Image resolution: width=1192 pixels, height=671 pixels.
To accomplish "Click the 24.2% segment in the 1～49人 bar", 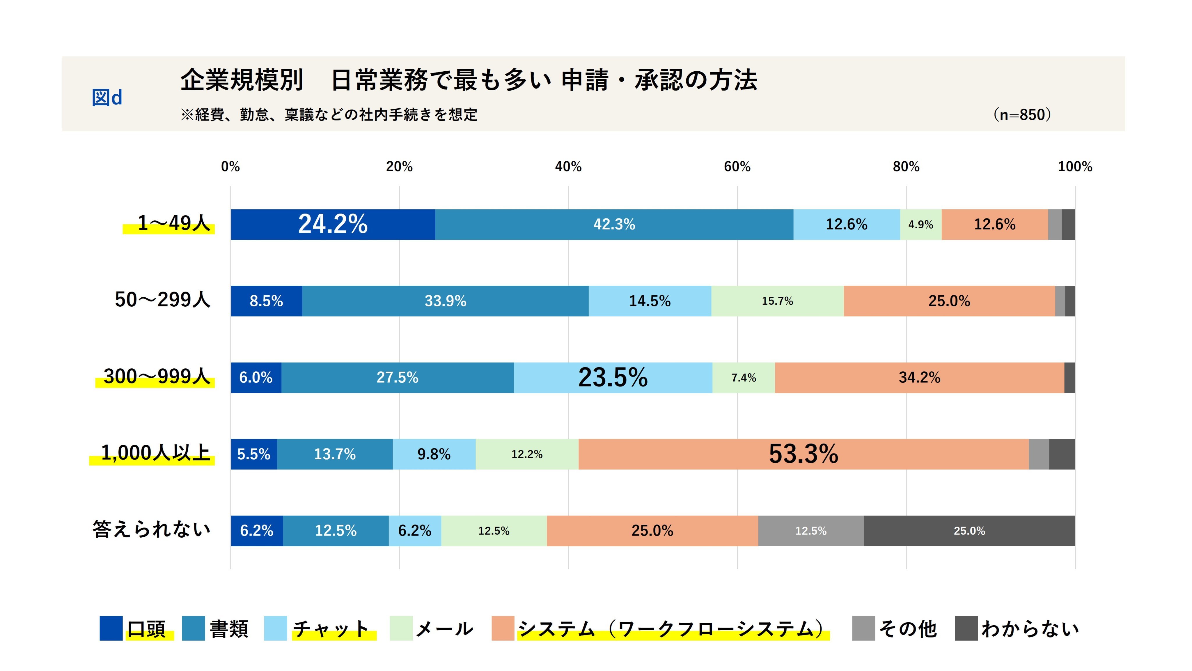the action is click(x=333, y=225).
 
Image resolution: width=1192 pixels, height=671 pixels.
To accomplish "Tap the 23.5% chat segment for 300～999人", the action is click(x=613, y=378).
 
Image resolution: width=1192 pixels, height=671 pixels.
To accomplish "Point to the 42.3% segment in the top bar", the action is click(x=615, y=225).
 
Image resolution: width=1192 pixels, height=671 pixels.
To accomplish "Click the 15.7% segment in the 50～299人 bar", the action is click(x=777, y=301).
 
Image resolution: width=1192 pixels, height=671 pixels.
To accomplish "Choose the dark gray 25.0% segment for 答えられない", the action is click(x=969, y=531).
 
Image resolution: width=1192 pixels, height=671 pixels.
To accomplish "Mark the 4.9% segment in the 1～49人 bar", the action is click(x=921, y=225).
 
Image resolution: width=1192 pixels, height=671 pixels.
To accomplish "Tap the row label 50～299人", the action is click(x=162, y=300).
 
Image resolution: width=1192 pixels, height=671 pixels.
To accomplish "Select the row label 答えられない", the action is click(x=151, y=529).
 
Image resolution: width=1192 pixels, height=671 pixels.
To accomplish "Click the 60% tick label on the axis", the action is click(x=737, y=167).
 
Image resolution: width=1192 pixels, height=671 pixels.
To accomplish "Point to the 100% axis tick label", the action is click(x=1075, y=167).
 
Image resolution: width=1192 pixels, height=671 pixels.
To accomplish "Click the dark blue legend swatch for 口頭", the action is click(x=111, y=628).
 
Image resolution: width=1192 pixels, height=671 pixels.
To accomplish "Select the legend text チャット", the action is click(x=331, y=629).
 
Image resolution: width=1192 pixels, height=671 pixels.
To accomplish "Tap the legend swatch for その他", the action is click(x=863, y=628).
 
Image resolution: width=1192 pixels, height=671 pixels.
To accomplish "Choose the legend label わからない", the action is click(x=1030, y=629).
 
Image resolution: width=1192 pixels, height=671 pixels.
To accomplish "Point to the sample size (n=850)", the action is click(x=1022, y=114).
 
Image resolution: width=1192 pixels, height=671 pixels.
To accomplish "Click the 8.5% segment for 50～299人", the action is click(x=267, y=301).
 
